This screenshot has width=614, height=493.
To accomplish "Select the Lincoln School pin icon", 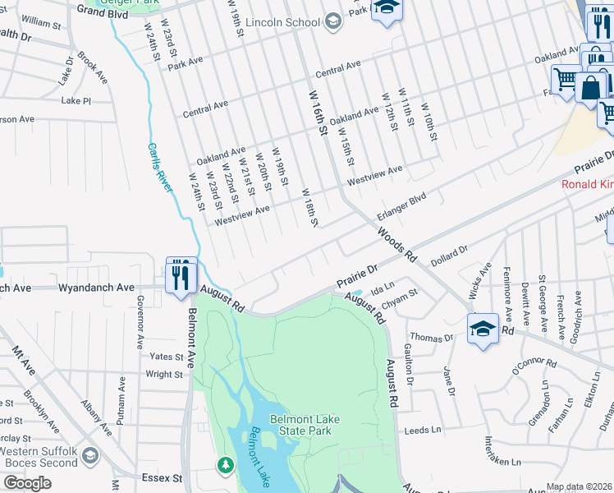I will [332, 21].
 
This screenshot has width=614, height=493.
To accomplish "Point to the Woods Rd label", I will [397, 246].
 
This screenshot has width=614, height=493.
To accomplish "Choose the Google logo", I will [27, 483].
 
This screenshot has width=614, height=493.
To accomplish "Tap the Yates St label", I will [167, 357].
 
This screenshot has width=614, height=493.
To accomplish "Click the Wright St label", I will [164, 375].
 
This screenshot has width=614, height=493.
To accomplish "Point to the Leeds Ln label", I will [424, 430].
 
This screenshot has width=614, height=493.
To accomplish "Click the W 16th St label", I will [318, 114].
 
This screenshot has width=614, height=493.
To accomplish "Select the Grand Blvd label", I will [103, 12].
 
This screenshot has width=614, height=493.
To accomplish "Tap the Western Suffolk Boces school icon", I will [89, 454].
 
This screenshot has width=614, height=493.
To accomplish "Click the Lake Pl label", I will [76, 100].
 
